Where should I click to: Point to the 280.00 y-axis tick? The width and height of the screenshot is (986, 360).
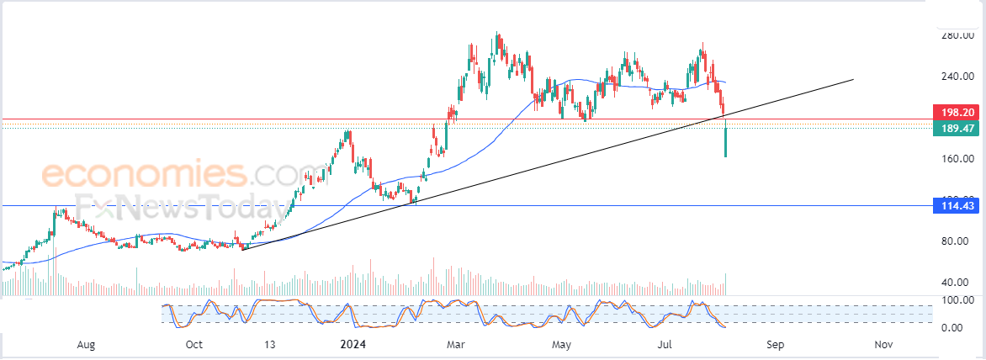coord(958,35)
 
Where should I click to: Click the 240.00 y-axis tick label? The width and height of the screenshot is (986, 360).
coord(958,77)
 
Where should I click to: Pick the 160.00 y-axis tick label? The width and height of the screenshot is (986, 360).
coord(958,159)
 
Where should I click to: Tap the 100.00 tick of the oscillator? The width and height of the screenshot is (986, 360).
coord(958,299)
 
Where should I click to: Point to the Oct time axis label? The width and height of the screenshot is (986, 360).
coord(194,344)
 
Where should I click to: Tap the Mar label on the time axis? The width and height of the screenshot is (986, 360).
coord(456,344)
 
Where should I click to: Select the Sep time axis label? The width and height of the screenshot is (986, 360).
coord(775,344)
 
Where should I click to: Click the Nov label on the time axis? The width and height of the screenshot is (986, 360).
coord(883,344)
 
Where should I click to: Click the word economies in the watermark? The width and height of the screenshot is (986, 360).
coord(143,175)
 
